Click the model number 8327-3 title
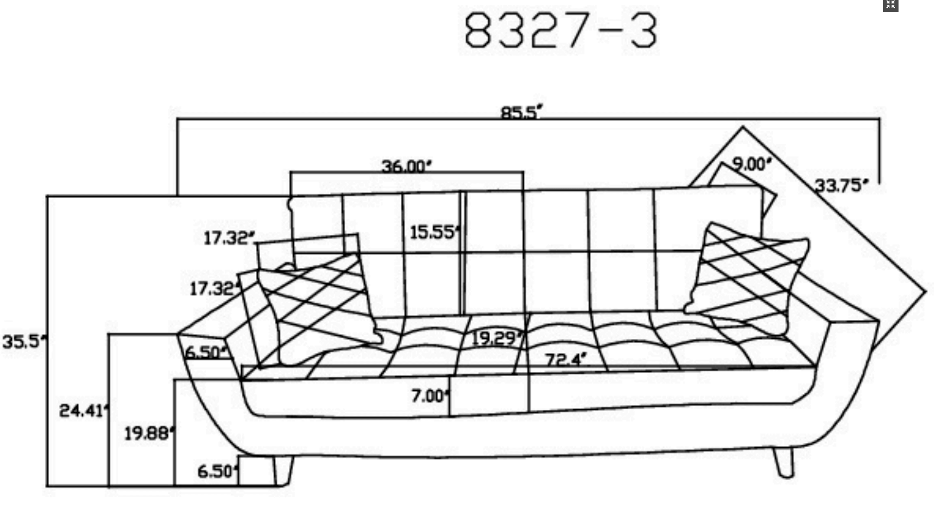point(561,30)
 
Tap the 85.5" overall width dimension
point(521,112)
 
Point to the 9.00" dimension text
point(751,164)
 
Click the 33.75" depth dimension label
point(841,186)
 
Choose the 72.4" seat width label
point(566,360)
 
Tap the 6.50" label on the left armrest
point(206,353)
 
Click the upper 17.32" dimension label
point(229,238)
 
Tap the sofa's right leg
point(784,462)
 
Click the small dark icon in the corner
point(891,5)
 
